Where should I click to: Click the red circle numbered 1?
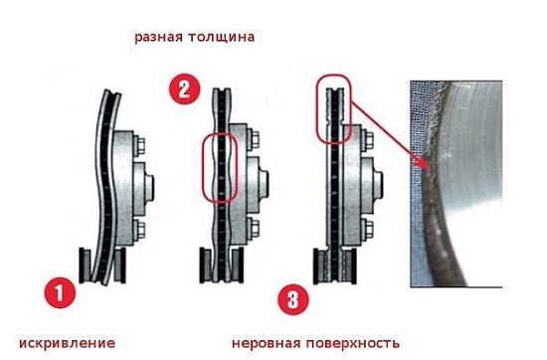tap(59, 293)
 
